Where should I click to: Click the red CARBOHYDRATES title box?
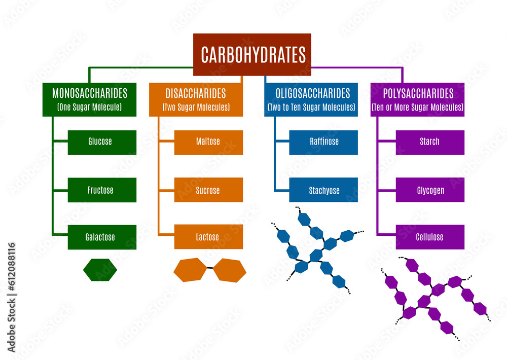click(252, 54)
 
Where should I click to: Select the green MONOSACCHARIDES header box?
click(89, 99)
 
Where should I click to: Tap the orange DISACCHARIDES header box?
click(196, 99)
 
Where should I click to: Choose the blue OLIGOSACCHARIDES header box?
click(311, 99)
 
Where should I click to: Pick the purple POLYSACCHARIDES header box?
click(417, 99)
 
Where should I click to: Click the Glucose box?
click(102, 142)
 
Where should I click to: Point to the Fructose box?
click(102, 190)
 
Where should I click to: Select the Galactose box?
click(102, 237)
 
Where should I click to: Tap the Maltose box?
click(208, 142)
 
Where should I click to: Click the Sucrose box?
click(208, 190)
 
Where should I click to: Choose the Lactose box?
click(208, 237)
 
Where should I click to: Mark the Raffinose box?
click(323, 142)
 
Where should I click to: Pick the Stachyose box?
click(323, 190)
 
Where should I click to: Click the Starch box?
click(430, 142)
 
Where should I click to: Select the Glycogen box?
click(430, 190)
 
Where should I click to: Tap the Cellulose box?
click(430, 237)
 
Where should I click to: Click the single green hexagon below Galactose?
click(100, 270)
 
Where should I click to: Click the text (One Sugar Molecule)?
click(89, 107)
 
